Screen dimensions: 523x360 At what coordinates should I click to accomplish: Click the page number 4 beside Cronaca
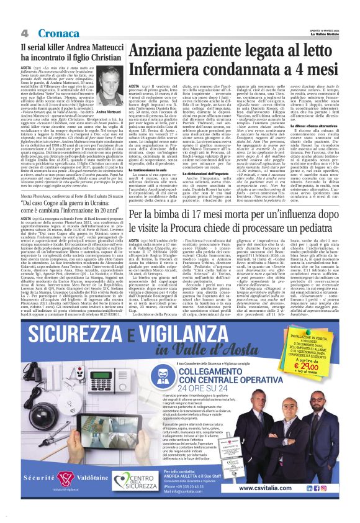click(x=23, y=32)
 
